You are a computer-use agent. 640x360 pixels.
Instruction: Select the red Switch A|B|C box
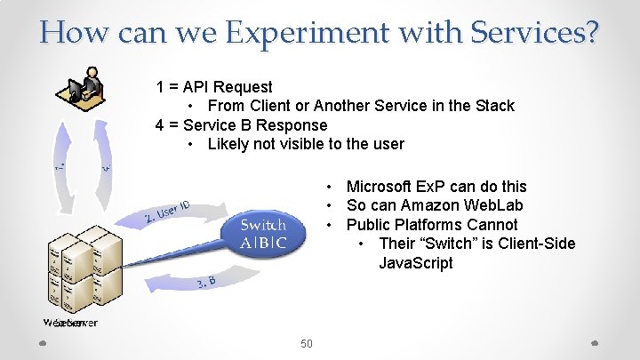[x=262, y=234]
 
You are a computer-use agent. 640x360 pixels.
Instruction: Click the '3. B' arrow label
[x=206, y=282]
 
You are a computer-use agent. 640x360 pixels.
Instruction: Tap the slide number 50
[x=306, y=343]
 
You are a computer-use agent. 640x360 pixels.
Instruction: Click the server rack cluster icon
[x=78, y=267]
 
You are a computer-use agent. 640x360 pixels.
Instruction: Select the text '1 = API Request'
[x=214, y=87]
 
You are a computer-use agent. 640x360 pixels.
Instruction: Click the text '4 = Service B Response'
[x=241, y=125]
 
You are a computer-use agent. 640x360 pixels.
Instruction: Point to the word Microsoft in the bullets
[x=380, y=187]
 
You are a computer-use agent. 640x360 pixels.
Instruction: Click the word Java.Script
[x=415, y=263]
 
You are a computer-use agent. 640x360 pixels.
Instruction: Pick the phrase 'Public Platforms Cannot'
[x=431, y=225]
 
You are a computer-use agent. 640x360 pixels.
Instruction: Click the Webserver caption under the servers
[x=70, y=323]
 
